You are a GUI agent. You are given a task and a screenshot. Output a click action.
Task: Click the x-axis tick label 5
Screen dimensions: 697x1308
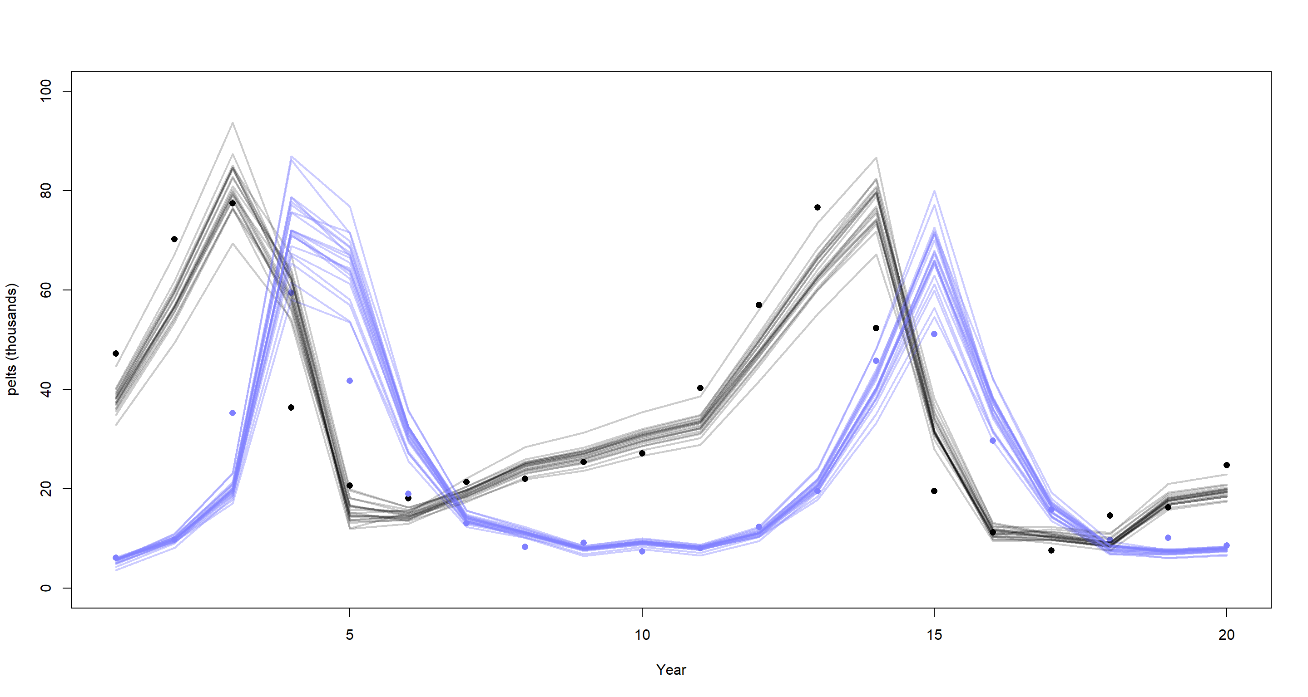coord(349,634)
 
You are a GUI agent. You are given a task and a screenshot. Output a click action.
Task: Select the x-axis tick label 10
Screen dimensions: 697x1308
coord(642,634)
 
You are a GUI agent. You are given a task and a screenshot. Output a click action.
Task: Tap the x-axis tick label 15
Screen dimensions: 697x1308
coord(934,634)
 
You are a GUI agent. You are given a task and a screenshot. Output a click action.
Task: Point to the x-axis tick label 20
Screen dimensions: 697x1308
coord(1226,634)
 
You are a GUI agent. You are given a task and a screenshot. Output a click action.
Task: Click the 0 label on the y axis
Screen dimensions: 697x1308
coord(46,588)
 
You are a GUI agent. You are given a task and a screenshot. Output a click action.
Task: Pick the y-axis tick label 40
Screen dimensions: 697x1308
coord(46,390)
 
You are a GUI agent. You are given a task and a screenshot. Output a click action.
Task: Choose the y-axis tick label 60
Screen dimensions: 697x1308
coord(46,290)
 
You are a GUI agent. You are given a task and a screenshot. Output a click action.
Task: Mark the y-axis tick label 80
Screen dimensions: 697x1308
coord(46,191)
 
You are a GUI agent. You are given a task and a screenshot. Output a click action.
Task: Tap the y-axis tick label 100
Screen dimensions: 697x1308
coord(46,91)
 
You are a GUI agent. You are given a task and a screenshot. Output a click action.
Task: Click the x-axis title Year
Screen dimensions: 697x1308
coord(671,670)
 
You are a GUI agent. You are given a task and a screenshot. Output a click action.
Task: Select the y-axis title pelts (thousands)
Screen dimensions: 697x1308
coord(11,339)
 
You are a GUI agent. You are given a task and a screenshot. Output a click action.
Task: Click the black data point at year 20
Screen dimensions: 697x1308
coord(1226,465)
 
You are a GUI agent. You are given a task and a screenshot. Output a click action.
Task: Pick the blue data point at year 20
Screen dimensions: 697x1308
coord(1226,545)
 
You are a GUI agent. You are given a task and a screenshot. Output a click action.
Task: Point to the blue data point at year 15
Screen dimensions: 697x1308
coord(934,334)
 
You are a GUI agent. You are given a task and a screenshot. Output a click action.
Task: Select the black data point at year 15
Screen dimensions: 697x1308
coord(934,491)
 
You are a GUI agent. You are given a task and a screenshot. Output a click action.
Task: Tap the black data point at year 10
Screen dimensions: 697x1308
coord(642,453)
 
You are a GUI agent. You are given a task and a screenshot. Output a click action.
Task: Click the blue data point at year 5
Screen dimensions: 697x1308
coord(349,381)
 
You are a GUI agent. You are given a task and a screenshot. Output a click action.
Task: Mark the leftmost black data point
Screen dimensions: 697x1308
coord(116,353)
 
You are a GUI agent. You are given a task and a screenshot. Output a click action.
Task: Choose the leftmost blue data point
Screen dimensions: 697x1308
coord(116,558)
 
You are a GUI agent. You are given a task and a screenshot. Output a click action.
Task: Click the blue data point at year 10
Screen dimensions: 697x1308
coord(642,551)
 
